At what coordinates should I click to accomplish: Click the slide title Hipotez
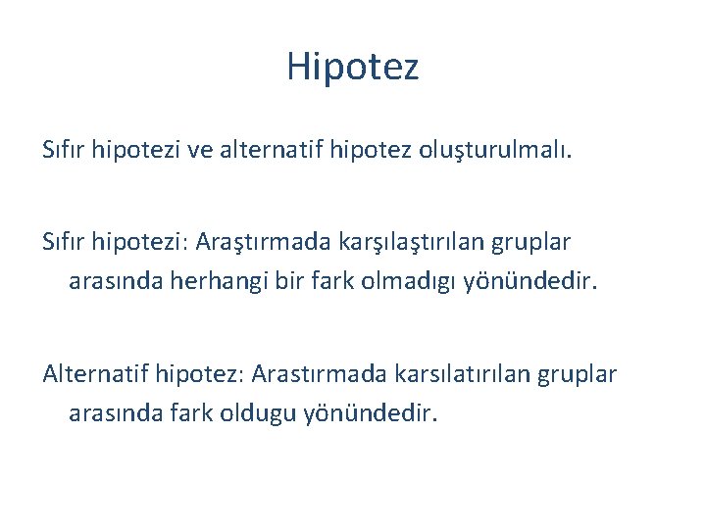click(x=353, y=68)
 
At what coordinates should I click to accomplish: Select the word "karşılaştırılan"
click(x=402, y=241)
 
